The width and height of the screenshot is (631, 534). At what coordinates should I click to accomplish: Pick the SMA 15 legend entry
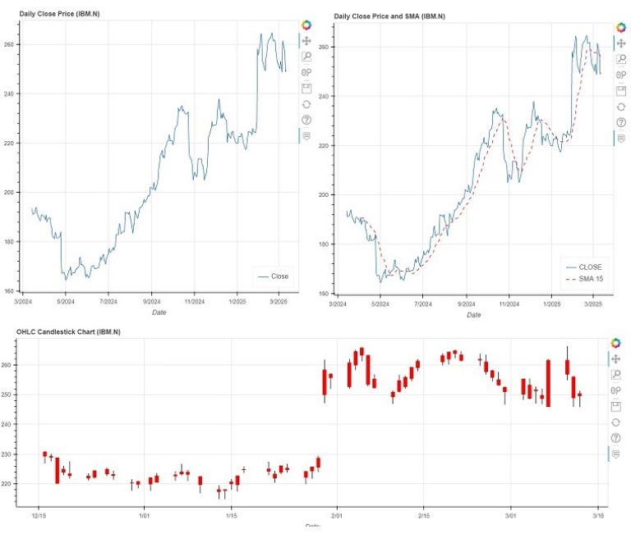tap(590, 280)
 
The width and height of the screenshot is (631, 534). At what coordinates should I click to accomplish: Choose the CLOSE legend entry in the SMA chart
tap(590, 267)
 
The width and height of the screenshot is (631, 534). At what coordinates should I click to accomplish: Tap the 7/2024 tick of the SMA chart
tap(423, 304)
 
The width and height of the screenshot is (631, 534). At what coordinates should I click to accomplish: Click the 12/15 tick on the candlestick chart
tap(39, 516)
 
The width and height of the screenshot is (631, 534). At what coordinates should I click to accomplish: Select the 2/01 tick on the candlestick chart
tap(336, 516)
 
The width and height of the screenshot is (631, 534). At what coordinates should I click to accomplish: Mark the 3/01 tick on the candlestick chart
tap(511, 516)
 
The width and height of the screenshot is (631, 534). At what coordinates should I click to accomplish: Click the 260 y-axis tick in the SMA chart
tap(324, 48)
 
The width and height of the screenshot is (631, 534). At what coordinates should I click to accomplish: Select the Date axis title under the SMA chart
tap(474, 315)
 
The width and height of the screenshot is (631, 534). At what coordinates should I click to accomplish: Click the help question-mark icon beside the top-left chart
tap(306, 120)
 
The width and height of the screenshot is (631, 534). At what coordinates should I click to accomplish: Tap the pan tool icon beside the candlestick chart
tap(616, 358)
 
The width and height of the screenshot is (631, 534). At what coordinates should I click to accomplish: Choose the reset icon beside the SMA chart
tap(619, 107)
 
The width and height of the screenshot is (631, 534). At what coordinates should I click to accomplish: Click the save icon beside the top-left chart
tap(306, 89)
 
